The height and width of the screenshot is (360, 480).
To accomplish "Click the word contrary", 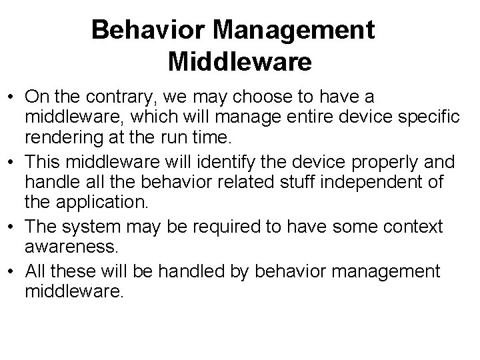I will (x=117, y=97).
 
